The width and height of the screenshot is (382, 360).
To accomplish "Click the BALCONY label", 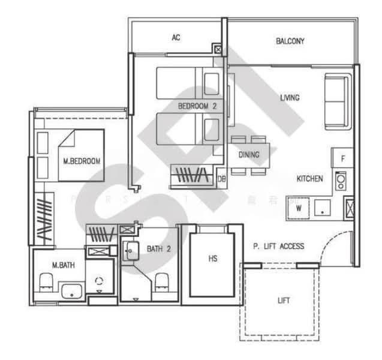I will click(290, 41).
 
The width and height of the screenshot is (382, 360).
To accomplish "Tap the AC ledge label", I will click(176, 38).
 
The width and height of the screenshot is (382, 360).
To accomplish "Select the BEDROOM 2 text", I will click(197, 106).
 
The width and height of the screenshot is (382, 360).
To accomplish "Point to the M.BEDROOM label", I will click(82, 161).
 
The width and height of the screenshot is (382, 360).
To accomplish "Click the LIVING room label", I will click(290, 98).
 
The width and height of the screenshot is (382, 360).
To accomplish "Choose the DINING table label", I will click(249, 155).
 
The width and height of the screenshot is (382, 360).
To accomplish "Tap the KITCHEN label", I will click(309, 179).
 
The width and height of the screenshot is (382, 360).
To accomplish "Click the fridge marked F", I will click(342, 159).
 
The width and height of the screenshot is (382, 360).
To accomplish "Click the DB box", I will click(221, 178).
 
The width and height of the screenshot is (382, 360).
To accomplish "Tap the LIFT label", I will click(284, 301).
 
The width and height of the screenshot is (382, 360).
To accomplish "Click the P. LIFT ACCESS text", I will click(278, 246).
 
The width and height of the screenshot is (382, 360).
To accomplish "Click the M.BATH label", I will click(63, 265).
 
